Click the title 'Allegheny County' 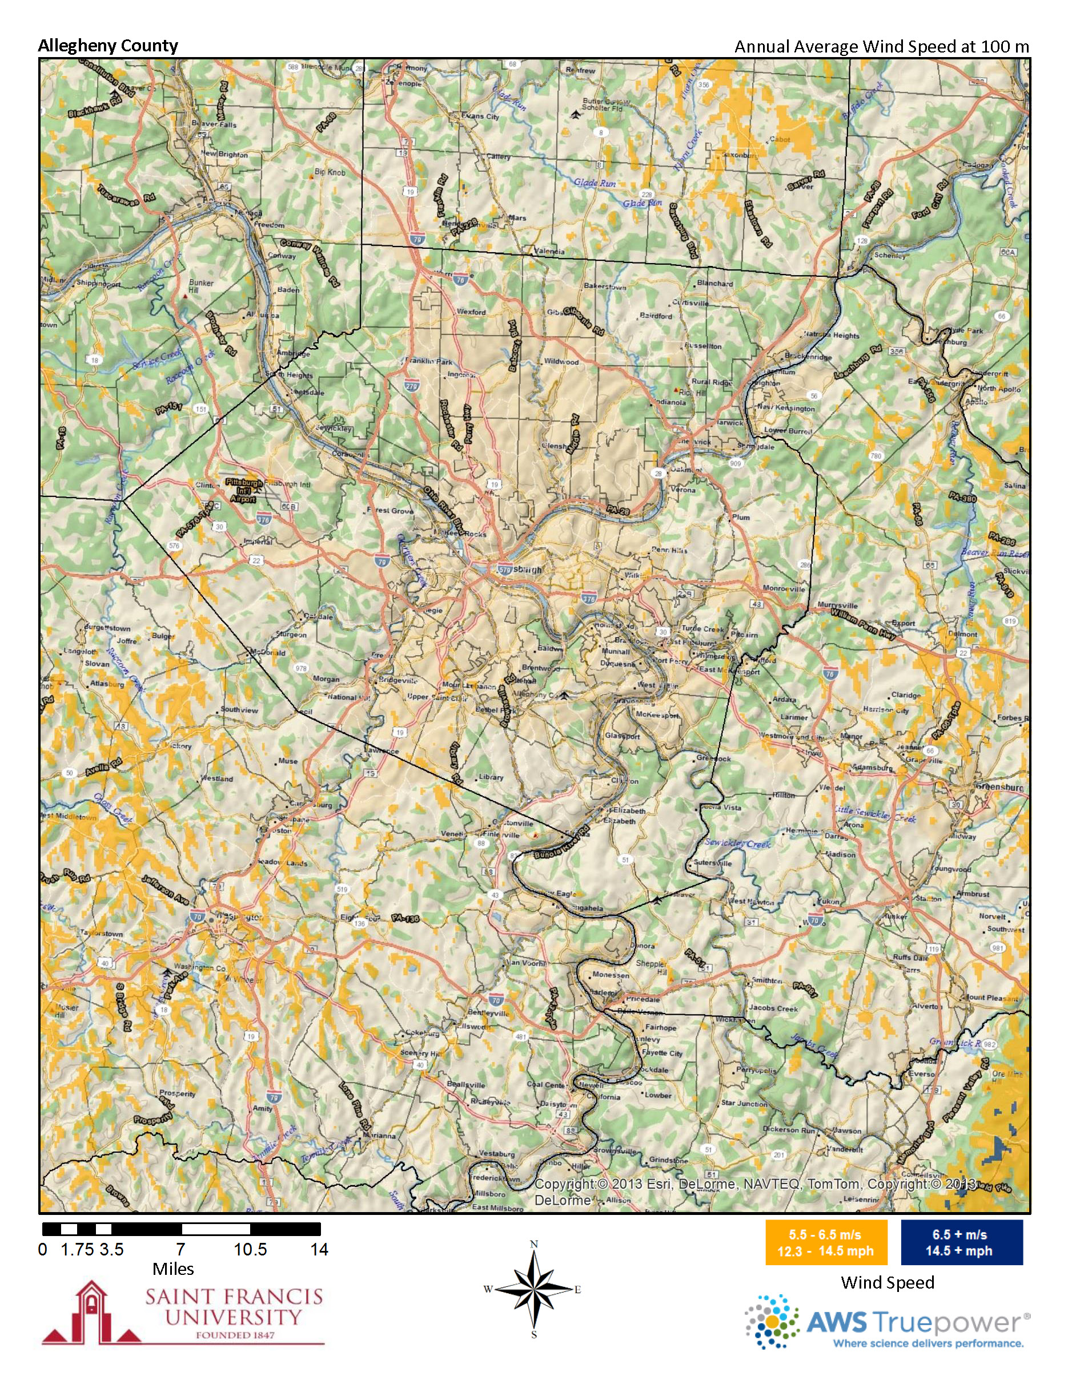(x=107, y=46)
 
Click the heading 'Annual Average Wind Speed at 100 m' (x=881, y=46)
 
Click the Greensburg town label (x=999, y=788)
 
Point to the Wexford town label (x=471, y=312)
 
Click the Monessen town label (x=611, y=975)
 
